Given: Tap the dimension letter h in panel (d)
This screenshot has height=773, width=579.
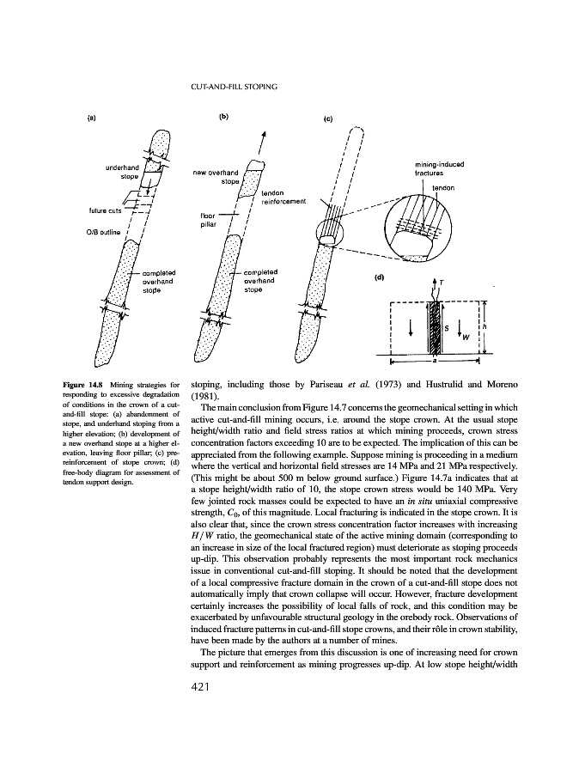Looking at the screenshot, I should (x=485, y=326).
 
